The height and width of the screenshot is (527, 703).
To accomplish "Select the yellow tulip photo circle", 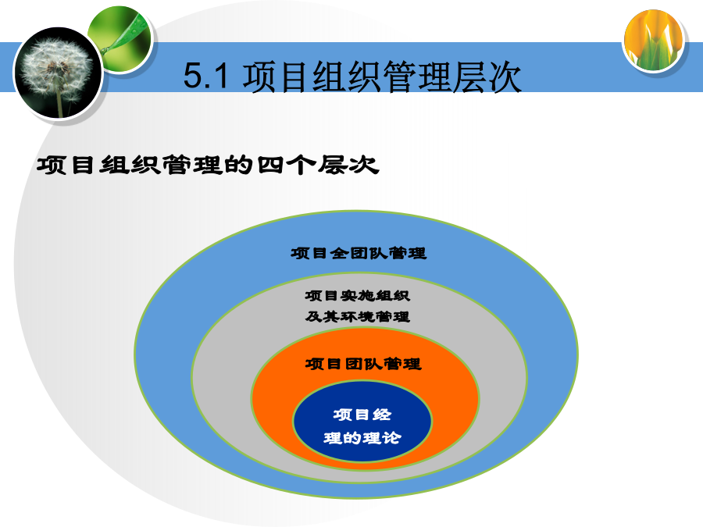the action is (x=654, y=41).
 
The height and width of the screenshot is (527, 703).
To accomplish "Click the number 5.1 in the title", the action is (x=206, y=75).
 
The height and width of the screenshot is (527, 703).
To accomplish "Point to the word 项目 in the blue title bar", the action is (x=277, y=77).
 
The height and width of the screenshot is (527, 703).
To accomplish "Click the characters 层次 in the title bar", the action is (x=487, y=77).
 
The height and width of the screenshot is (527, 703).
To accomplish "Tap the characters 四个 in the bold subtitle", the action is (x=287, y=165).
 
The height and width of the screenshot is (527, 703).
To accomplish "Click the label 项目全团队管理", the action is (x=359, y=253).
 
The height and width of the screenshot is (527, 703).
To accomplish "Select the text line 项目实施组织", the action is (x=357, y=296).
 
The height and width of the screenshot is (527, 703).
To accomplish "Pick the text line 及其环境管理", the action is (x=357, y=317).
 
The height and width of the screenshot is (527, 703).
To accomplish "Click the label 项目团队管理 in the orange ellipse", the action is (x=363, y=364).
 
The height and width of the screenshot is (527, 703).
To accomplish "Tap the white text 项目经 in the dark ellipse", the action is (x=362, y=415).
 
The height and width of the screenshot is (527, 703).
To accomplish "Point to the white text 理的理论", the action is (x=362, y=438).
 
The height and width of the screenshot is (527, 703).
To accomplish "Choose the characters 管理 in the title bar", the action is (x=416, y=77).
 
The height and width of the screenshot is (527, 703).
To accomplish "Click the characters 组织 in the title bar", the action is (x=347, y=77).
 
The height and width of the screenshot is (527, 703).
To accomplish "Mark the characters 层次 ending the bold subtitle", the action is (x=348, y=165).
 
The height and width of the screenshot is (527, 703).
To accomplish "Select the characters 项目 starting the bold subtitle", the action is (x=66, y=165).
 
